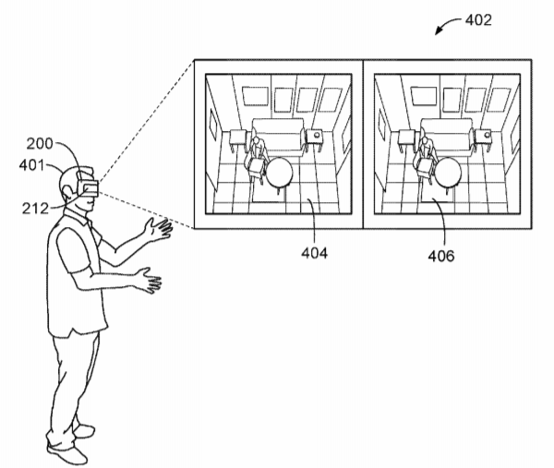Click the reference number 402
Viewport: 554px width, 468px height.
pos(478,20)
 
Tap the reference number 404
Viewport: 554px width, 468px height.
pos(314,253)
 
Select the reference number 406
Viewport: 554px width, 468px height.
pos(441,256)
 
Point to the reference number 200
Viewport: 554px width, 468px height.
pos(40,144)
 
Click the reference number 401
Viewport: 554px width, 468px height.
pos(31,165)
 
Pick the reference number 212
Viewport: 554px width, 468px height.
pos(35,209)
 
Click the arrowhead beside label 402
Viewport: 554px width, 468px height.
pos(438,31)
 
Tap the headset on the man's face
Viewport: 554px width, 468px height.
pos(87,185)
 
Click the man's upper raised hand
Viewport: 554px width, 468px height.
pos(158,229)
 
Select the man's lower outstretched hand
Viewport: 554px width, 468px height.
pos(150,280)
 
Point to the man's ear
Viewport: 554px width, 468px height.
pos(66,193)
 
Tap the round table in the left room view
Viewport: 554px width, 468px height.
pos(279,173)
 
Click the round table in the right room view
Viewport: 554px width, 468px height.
pos(448,173)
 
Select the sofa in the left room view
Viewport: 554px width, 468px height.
pos(279,137)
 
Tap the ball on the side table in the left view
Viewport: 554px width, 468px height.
pos(317,134)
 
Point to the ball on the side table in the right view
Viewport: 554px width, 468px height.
pos(488,134)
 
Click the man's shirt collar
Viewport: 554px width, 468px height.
pos(79,215)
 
